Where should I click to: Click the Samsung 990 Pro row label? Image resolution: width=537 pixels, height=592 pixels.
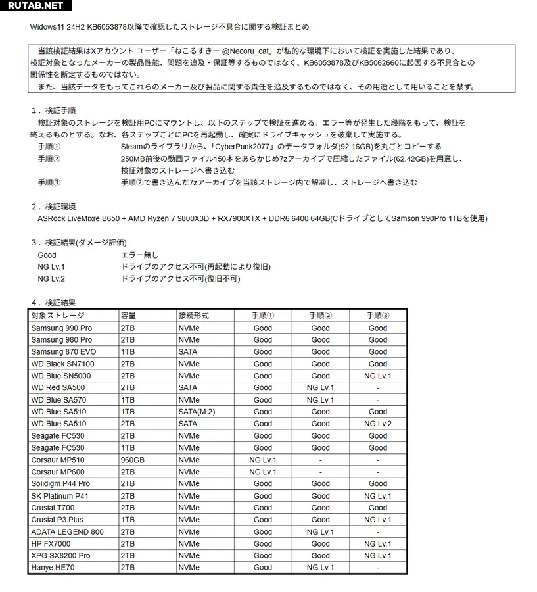[62, 328]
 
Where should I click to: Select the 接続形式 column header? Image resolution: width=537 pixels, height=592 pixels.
[193, 316]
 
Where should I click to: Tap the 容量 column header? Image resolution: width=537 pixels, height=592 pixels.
[128, 316]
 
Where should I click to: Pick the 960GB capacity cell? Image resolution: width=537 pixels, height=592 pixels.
[132, 460]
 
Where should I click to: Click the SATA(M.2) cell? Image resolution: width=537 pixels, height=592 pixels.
[197, 412]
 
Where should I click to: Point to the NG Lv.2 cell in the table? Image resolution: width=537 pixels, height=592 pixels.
[377, 424]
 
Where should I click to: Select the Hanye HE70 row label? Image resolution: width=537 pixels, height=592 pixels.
[52, 567]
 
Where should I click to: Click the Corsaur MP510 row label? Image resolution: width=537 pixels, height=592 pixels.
[58, 460]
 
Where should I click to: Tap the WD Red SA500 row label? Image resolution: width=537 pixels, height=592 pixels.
[58, 388]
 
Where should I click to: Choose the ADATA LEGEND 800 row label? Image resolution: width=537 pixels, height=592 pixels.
[67, 531]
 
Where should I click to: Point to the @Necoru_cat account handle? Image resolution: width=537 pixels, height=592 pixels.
[248, 51]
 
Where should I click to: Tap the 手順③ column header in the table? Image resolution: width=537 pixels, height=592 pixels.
[377, 316]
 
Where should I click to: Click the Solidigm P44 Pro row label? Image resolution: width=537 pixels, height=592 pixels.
[60, 483]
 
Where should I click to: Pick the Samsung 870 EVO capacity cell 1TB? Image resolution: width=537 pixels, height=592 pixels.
[128, 352]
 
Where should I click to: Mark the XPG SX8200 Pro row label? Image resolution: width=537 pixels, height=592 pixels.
[60, 555]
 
